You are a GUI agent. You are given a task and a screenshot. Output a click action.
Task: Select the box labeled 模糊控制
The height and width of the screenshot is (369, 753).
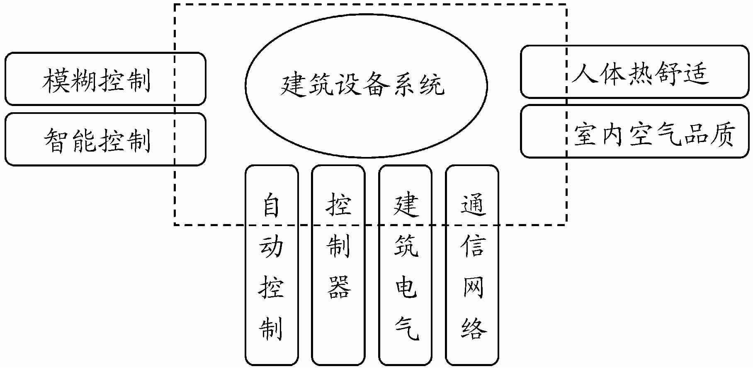click(105, 79)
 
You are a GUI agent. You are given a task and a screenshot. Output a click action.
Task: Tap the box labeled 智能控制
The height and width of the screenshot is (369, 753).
click(105, 139)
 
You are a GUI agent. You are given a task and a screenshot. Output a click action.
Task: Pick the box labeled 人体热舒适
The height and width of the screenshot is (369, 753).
click(634, 72)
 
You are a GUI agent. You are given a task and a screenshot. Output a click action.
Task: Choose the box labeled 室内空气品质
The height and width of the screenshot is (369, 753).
click(634, 132)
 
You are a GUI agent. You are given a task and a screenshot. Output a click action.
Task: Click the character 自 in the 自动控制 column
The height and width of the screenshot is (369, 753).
click(272, 205)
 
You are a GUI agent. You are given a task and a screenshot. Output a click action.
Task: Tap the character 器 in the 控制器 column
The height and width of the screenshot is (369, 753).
click(339, 287)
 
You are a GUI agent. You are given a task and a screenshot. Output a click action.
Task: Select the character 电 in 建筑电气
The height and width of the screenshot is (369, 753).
click(406, 287)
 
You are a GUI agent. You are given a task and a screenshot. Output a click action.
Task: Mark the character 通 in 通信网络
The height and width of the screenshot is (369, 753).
click(473, 205)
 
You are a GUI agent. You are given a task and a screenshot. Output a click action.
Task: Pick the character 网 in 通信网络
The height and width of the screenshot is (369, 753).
click(473, 287)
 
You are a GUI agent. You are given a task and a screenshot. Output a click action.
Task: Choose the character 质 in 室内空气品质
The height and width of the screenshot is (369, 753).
click(722, 133)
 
